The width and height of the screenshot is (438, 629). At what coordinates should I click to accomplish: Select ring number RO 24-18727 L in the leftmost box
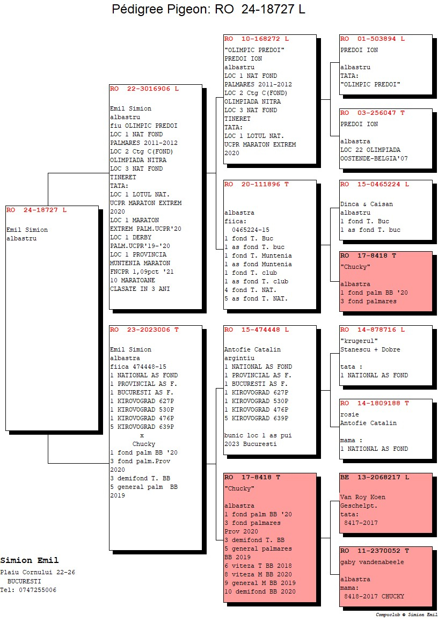point(36,210)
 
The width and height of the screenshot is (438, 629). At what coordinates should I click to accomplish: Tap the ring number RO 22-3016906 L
point(144,89)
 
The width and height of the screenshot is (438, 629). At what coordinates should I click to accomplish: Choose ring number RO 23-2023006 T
point(144,330)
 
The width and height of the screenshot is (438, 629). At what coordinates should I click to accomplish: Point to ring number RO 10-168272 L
point(257,39)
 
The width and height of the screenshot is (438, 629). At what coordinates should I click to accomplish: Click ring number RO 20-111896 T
point(257,185)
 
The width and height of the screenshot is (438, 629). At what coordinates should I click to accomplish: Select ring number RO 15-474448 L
point(257,330)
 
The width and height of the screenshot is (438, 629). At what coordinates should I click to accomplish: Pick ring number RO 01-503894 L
point(373,39)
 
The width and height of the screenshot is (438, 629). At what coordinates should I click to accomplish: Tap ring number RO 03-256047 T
point(373,113)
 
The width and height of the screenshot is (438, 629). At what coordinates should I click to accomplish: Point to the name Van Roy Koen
point(363,498)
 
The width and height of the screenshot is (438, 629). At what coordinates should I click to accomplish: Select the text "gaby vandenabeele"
point(372,562)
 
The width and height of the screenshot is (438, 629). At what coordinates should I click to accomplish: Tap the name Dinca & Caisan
point(367,204)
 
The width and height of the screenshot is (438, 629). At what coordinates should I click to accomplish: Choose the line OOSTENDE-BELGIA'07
point(374,158)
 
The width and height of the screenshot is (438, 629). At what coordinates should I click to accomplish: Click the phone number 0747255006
point(38,590)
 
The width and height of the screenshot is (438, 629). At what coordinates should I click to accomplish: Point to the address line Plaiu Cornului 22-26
point(38,573)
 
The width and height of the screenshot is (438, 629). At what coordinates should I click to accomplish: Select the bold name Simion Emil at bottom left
point(30,560)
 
